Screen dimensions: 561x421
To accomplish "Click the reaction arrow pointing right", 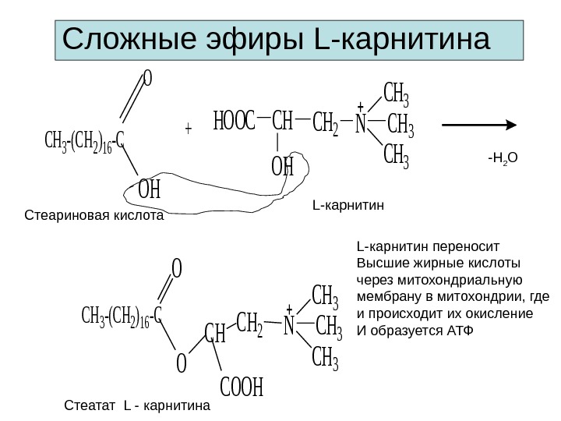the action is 480,125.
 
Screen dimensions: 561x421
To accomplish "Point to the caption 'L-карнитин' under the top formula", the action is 348,206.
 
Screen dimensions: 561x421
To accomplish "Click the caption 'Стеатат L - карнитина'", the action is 136,405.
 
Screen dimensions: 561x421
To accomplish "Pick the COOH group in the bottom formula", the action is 242,387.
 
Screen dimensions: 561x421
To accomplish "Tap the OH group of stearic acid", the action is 148,189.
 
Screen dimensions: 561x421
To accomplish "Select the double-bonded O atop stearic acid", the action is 148,79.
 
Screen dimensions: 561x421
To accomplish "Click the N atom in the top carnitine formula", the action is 361,124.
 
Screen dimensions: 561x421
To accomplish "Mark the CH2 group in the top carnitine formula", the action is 324,124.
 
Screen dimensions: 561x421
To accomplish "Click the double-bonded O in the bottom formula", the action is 177,269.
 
